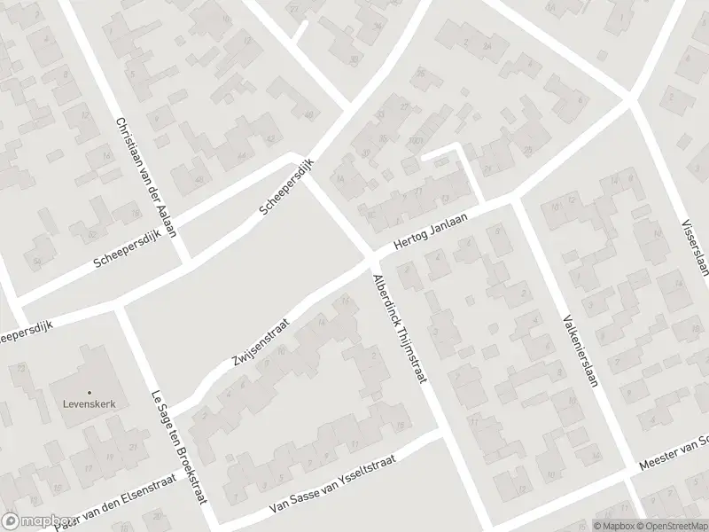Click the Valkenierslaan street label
[577, 348]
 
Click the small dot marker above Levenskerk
[89, 391]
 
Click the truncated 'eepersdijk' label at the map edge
[27, 332]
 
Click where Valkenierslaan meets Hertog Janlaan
[514, 201]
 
